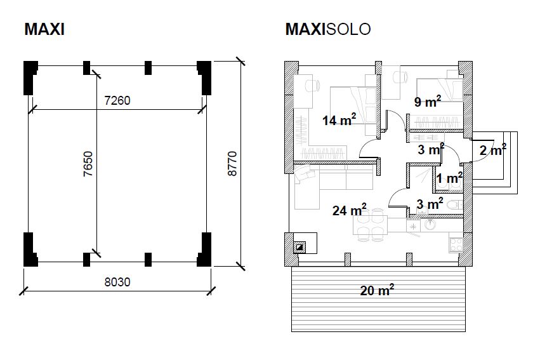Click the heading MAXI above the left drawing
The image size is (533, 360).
pos(44,29)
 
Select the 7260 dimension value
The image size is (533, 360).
pos(117,100)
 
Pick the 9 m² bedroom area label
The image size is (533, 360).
pos(427,102)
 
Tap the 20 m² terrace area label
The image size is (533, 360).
pos(377,291)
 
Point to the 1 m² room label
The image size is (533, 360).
pos(449,179)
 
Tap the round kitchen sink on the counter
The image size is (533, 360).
pos(430,224)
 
